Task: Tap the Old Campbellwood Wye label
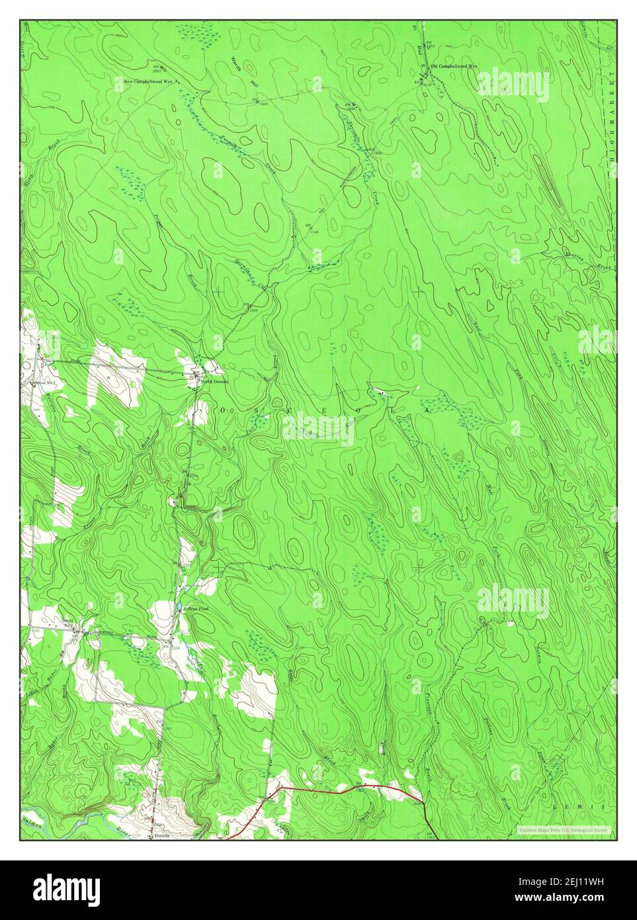454,67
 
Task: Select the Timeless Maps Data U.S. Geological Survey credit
566,829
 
